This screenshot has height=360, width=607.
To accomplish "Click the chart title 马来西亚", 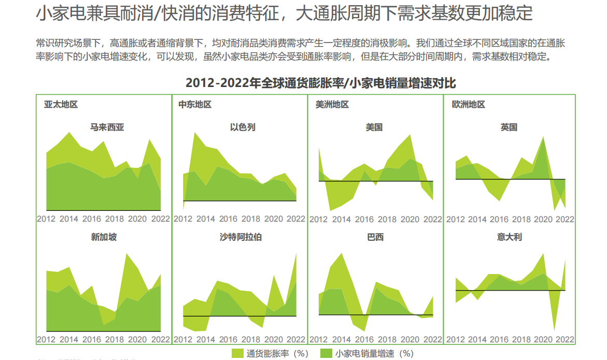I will pyautogui.click(x=107, y=127).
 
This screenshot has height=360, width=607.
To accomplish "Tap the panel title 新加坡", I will pyautogui.click(x=104, y=237).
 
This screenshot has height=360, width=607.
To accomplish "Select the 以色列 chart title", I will pyautogui.click(x=243, y=127).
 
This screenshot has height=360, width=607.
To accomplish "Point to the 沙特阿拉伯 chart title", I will pyautogui.click(x=241, y=237).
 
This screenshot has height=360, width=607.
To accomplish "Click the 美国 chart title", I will pyautogui.click(x=374, y=127).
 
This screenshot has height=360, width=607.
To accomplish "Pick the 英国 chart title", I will pyautogui.click(x=509, y=127).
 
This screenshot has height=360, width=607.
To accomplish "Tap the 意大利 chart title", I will pyautogui.click(x=509, y=237).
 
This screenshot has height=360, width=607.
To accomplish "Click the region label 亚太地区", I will pyautogui.click(x=61, y=105).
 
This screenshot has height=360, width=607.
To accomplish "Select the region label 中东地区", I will pyautogui.click(x=195, y=105).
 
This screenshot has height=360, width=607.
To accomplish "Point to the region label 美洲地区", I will pyautogui.click(x=332, y=105).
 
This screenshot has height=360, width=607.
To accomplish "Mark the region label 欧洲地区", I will pyautogui.click(x=469, y=105).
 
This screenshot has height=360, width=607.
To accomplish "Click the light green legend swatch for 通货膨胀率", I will pyautogui.click(x=237, y=353).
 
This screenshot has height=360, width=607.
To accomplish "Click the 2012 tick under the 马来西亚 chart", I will pyautogui.click(x=46, y=219).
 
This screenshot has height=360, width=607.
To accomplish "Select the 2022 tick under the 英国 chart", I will pyautogui.click(x=565, y=219).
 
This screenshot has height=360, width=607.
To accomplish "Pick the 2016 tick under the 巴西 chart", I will pyautogui.click(x=364, y=340).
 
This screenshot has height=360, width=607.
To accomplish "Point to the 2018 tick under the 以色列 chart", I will pyautogui.click(x=251, y=219).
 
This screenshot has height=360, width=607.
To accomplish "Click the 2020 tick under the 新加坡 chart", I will pyautogui.click(x=137, y=340).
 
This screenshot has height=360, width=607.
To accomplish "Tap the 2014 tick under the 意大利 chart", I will pyautogui.click(x=477, y=340).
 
